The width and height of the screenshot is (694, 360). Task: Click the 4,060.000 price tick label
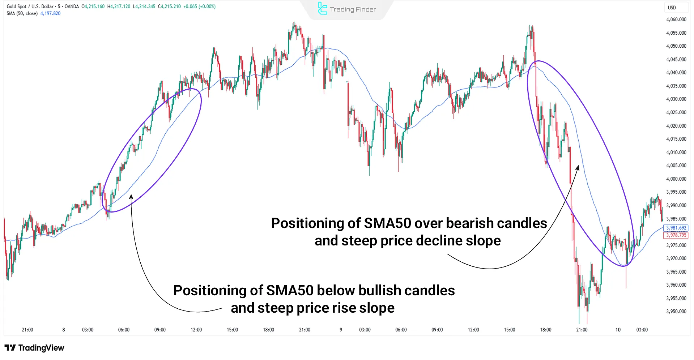[x=676, y=20]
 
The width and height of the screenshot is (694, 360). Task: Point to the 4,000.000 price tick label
[x=676, y=179]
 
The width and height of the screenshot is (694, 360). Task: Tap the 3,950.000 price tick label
[x=676, y=312]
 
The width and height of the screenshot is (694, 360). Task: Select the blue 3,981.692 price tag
[x=676, y=228]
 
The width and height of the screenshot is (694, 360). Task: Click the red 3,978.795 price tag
[x=676, y=235]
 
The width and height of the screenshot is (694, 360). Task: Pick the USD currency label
[x=672, y=8]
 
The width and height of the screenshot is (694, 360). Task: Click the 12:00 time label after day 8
[x=196, y=330]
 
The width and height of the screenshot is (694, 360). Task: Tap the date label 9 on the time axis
[x=341, y=330]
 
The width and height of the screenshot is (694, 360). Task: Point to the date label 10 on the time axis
[x=618, y=330]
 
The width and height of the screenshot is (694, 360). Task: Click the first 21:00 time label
[x=27, y=330]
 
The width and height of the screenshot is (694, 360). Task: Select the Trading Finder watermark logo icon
[x=322, y=9]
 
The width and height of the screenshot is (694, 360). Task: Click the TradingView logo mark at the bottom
[x=10, y=348]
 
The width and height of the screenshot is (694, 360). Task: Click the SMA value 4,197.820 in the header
[x=50, y=13]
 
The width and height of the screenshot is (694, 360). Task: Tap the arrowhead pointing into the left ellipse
[x=131, y=196]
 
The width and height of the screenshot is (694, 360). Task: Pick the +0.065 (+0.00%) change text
[x=199, y=7]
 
